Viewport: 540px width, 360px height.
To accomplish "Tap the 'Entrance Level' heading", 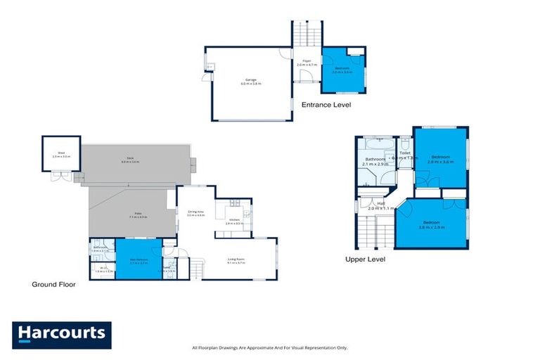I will (326, 105).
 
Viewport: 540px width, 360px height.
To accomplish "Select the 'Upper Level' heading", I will (365, 259).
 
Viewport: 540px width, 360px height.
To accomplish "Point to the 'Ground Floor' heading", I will (53, 285).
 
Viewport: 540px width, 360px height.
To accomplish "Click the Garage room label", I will (251, 81).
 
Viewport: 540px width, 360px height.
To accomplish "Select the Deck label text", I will (130, 161).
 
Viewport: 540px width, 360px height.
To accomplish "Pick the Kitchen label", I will (234, 221).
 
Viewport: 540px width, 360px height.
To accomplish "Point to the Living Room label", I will (236, 260).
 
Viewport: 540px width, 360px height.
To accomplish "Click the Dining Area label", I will (195, 213).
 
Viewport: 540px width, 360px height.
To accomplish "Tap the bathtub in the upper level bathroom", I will (378, 143).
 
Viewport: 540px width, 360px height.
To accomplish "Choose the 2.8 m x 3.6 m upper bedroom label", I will (439, 159).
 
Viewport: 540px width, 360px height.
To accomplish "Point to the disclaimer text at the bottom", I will (269, 348).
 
